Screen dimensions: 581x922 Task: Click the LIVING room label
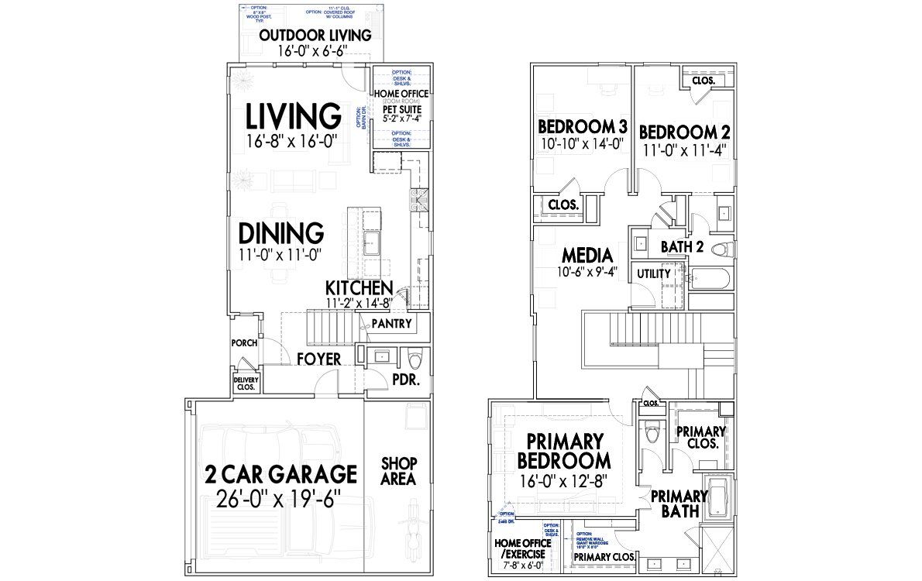(x=293, y=116)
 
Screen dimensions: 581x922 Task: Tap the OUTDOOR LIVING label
(x=315, y=36)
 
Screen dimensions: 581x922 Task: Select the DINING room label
(x=280, y=232)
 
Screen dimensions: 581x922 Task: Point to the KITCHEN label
(x=359, y=287)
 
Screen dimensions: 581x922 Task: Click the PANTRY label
(x=391, y=324)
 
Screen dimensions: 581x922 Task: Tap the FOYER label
(x=318, y=359)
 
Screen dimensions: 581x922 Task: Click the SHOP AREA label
(x=399, y=471)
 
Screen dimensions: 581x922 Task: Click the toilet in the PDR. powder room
(x=414, y=359)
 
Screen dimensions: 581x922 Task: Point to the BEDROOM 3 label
(x=582, y=127)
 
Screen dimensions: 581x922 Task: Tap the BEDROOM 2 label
(x=684, y=132)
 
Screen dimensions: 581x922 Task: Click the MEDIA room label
(x=587, y=255)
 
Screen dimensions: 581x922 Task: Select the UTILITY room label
(x=653, y=274)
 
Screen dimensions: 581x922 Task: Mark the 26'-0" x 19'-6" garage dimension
(x=280, y=497)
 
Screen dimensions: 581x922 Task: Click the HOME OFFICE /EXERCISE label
(x=520, y=548)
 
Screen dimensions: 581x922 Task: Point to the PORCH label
(x=244, y=343)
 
